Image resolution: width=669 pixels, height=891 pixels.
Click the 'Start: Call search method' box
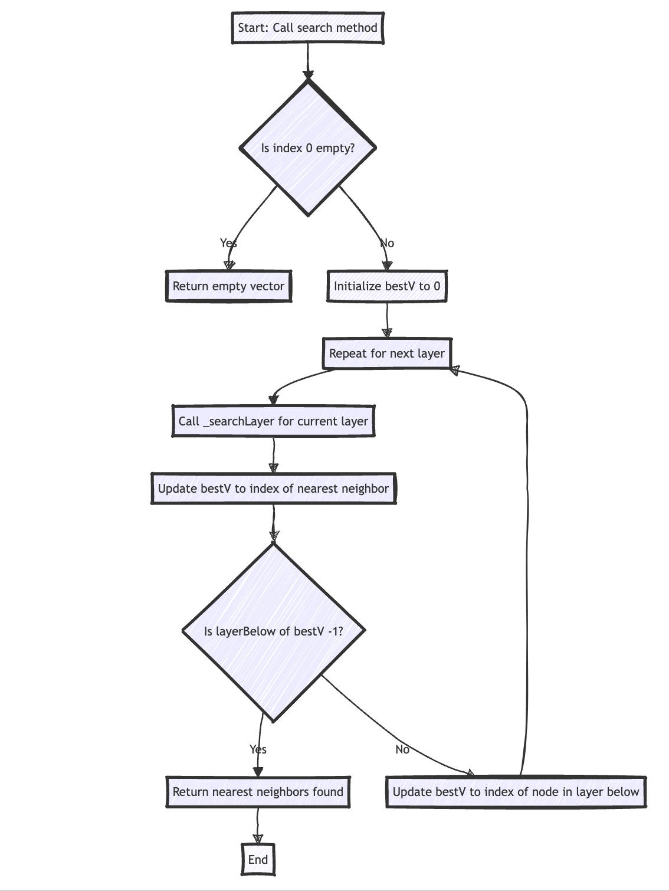307,28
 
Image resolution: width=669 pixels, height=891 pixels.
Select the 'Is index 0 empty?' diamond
307,148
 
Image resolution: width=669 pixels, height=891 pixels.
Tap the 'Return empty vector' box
228,287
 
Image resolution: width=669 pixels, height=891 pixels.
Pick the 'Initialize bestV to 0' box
387,287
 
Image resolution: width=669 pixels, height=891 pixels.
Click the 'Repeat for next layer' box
387,353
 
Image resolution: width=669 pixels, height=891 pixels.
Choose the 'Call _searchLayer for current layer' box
273,421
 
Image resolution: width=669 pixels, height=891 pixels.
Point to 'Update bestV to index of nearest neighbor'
273,489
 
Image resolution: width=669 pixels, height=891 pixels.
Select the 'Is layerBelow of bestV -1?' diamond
273,631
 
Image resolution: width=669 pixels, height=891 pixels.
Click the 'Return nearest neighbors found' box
258,792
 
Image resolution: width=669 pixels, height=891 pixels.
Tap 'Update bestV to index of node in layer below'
516,792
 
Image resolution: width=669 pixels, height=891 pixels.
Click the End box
258,860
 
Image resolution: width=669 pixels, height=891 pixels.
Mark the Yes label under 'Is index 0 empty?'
228,243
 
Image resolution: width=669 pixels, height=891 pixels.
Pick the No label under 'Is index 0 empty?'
387,243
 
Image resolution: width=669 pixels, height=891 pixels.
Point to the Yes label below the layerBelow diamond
258,749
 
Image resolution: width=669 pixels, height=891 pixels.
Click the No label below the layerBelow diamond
402,749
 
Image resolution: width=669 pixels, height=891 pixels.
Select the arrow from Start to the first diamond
307,59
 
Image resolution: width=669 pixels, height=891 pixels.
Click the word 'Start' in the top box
252,28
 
